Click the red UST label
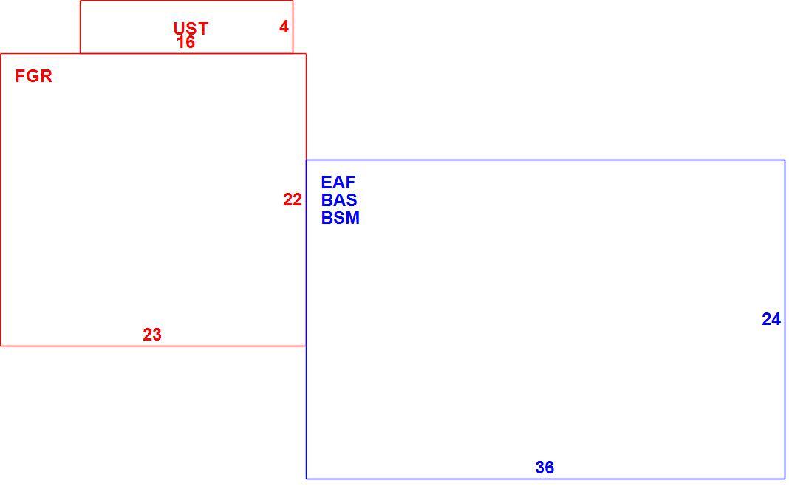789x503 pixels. click(190, 28)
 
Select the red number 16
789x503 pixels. click(185, 42)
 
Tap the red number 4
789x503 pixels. click(284, 27)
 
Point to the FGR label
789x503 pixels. click(34, 76)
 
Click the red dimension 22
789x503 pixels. click(293, 199)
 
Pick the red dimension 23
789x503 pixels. click(152, 335)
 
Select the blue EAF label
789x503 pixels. click(338, 182)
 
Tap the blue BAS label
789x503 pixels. click(339, 200)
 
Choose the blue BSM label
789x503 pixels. click(340, 219)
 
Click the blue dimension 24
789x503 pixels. click(771, 319)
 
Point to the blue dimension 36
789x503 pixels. click(545, 468)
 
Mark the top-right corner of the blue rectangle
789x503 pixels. click(785, 160)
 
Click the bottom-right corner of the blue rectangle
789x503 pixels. click(785, 479)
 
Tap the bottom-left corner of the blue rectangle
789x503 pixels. click(307, 479)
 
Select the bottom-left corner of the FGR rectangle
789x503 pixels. click(1, 346)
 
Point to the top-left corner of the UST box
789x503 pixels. click(80, 1)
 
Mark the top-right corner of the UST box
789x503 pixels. click(293, 1)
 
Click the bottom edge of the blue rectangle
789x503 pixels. click(545, 479)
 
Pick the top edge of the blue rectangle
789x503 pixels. click(545, 160)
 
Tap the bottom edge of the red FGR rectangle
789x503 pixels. click(154, 346)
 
